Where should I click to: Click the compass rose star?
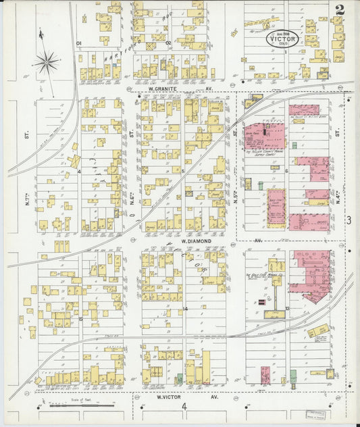[x=47, y=63]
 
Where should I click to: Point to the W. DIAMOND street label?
[x=196, y=241]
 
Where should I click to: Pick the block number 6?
[x=287, y=171]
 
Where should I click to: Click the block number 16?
[x=80, y=319]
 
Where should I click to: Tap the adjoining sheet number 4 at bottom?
[x=183, y=406]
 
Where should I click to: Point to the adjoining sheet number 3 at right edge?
[x=349, y=220]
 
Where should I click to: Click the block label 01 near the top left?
[x=79, y=43]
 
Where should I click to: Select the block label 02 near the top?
[x=168, y=43]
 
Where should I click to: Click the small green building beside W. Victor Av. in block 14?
[x=179, y=379]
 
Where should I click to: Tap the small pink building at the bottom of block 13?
[x=265, y=375]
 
